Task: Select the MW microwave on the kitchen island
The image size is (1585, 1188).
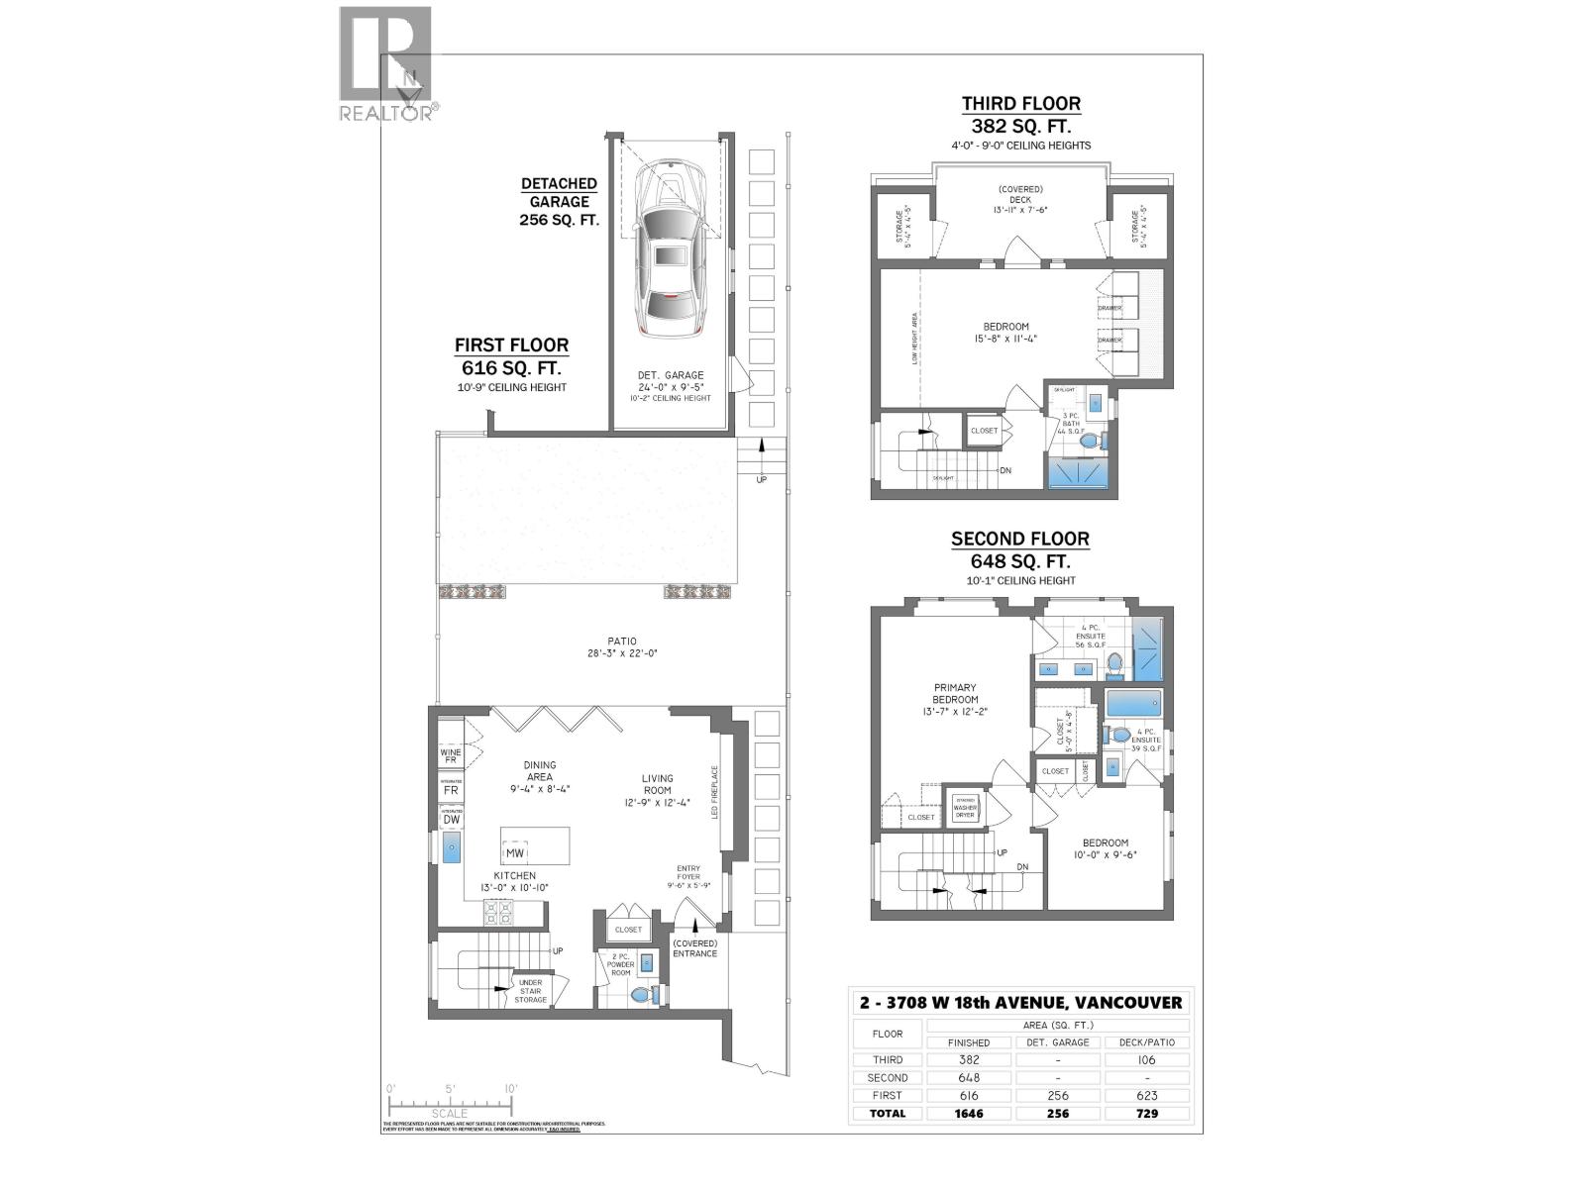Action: coord(515,852)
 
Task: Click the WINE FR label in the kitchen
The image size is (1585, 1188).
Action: coord(451,756)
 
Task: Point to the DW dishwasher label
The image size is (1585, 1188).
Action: coord(451,819)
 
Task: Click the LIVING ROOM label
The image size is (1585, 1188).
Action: coord(657,784)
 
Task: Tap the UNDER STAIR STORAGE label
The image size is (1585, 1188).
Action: coord(530,991)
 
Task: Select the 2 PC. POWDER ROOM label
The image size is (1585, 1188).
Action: coord(620,965)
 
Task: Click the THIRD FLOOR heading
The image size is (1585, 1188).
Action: coord(1020,103)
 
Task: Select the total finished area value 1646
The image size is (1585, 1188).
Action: coord(968,1113)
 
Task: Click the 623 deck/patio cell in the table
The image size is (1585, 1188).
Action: coord(1147,1095)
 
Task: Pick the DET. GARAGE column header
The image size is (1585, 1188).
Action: coord(1058,1042)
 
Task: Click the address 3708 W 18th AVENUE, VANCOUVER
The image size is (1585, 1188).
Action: coord(1020,1002)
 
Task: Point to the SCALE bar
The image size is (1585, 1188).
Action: coord(451,1102)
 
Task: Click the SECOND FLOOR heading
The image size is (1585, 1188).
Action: coord(1020,540)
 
